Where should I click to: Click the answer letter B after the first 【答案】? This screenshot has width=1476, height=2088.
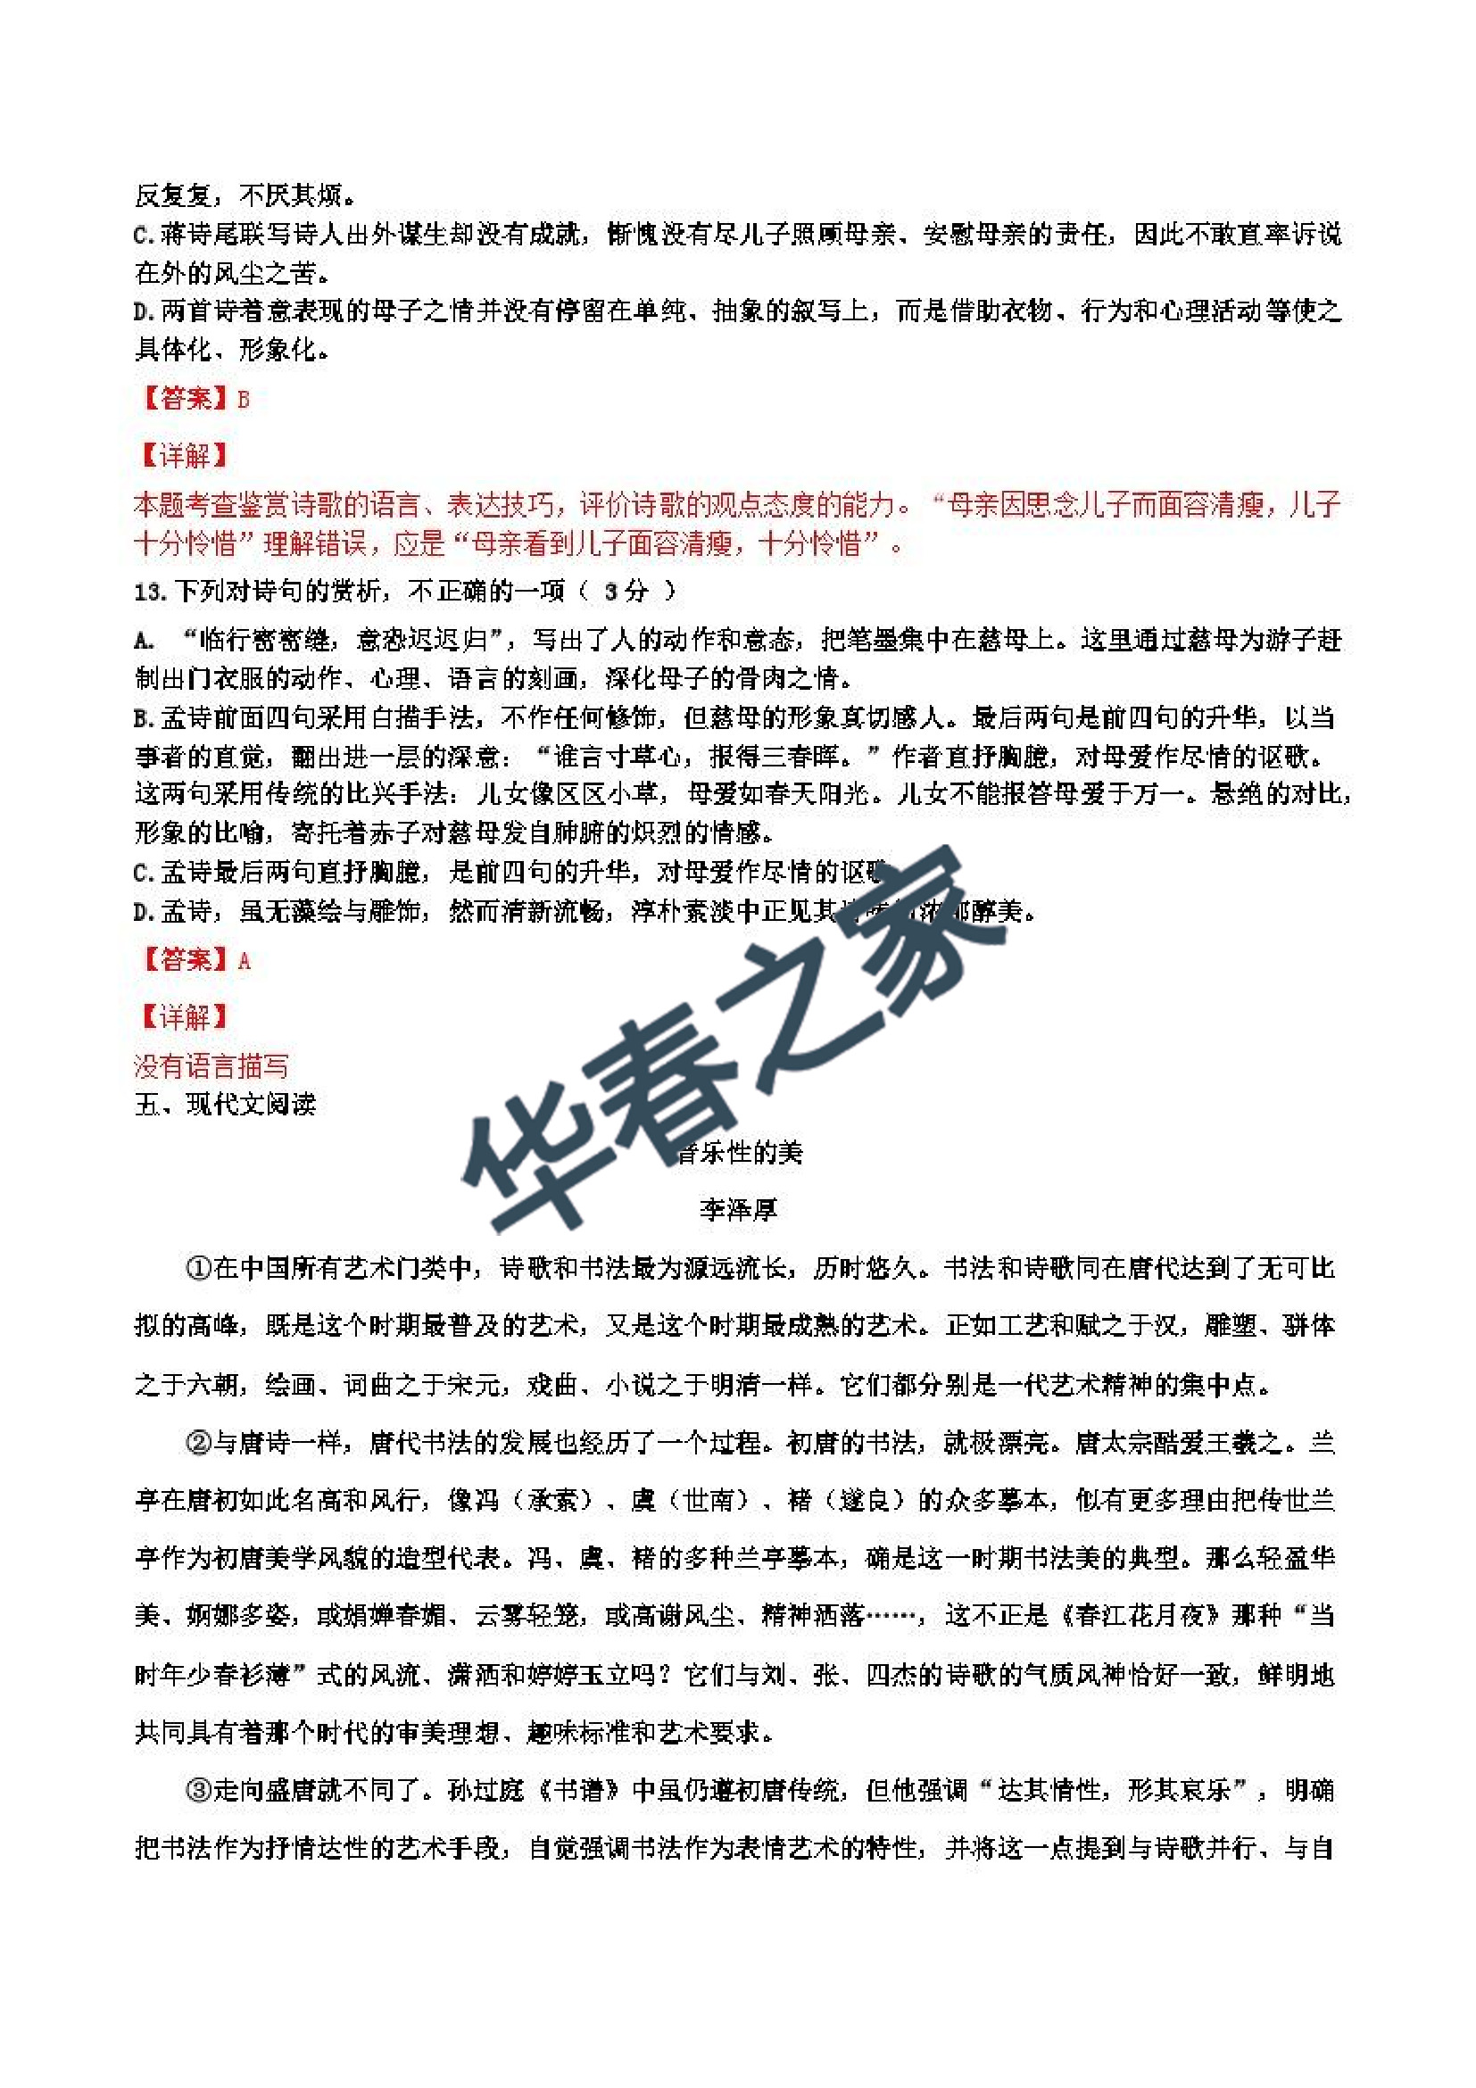click(243, 399)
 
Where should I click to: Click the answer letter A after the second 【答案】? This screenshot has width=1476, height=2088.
click(244, 960)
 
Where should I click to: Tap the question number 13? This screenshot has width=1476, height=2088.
click(149, 592)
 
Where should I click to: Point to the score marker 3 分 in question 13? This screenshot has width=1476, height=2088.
click(626, 592)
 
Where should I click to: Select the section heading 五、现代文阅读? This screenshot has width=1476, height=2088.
click(225, 1104)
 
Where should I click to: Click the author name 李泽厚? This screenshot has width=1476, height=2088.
click(737, 1209)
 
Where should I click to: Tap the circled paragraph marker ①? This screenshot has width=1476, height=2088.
click(198, 1268)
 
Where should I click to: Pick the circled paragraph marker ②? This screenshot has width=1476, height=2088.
click(198, 1442)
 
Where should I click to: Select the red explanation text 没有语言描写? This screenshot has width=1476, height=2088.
click(211, 1065)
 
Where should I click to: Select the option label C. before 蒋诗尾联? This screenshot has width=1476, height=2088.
click(145, 236)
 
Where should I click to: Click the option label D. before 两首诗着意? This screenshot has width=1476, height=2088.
click(145, 312)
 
